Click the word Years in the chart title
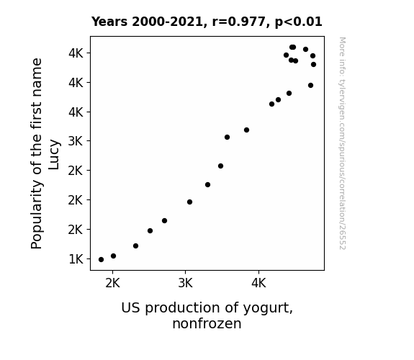tap(109, 22)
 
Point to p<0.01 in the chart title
tap(298, 22)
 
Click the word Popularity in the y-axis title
tap(37, 215)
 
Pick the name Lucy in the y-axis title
tap(54, 155)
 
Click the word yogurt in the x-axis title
tap(268, 308)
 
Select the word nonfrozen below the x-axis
tap(207, 323)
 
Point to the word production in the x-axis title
tap(183, 308)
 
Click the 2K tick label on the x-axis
tap(112, 284)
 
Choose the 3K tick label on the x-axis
tap(185, 284)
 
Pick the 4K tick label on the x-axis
tap(258, 284)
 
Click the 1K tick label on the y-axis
tap(76, 259)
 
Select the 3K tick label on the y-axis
tap(76, 141)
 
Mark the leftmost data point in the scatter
tap(101, 260)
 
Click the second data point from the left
tap(113, 256)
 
